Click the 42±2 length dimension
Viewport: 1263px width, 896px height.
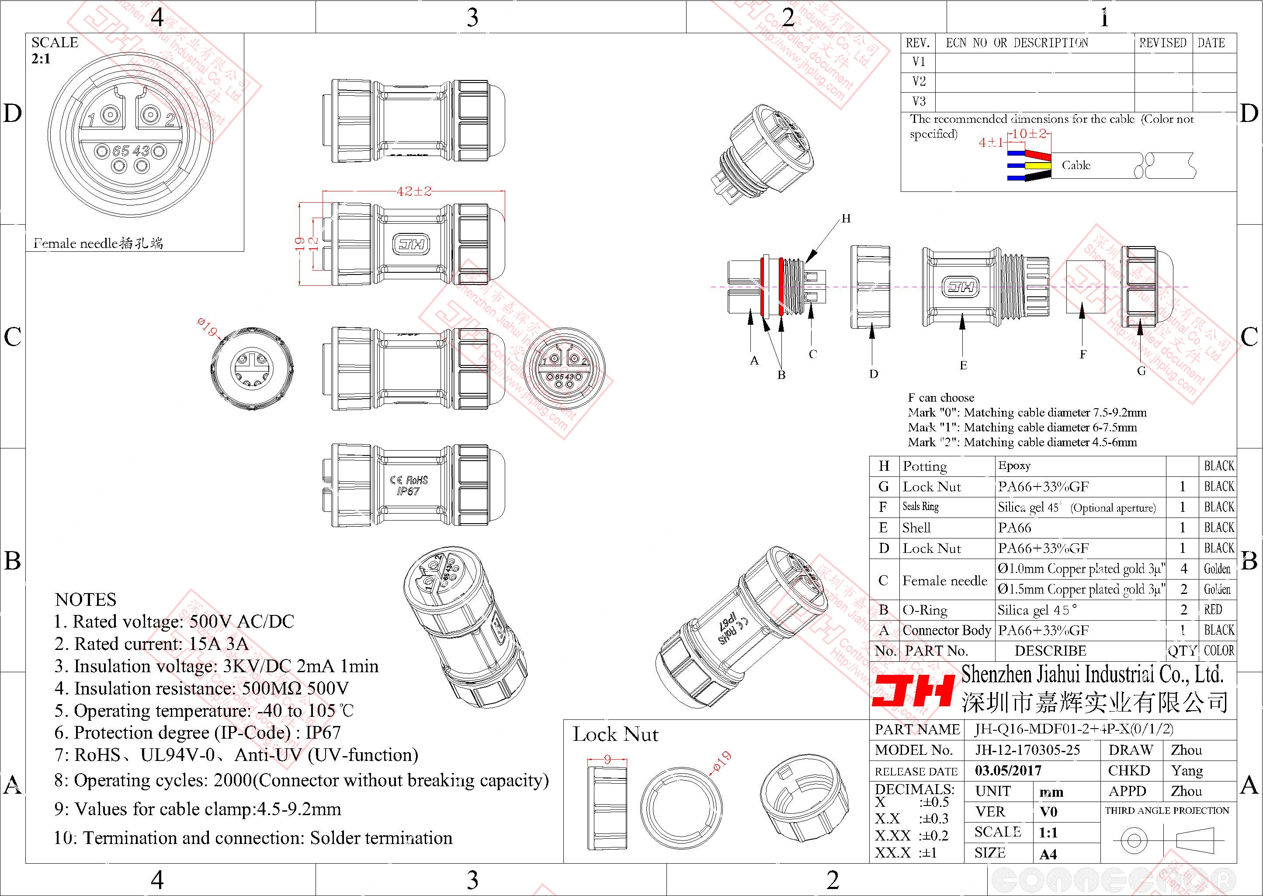pyautogui.click(x=414, y=191)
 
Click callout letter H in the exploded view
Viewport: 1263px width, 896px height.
pyautogui.click(x=846, y=219)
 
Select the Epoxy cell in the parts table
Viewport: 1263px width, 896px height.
pyautogui.click(x=1014, y=465)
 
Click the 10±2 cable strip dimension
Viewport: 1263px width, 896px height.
pyautogui.click(x=1029, y=134)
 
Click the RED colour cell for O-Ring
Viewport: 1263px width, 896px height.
pyautogui.click(x=1213, y=610)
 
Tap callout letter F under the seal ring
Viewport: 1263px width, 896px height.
pyautogui.click(x=1083, y=354)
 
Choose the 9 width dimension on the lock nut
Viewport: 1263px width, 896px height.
pyautogui.click(x=607, y=759)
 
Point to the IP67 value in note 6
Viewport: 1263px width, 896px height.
pyautogui.click(x=323, y=733)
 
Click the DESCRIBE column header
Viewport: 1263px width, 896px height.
pyautogui.click(x=1050, y=651)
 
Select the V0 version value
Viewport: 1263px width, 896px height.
pyautogui.click(x=1048, y=812)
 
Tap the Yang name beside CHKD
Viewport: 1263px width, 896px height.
pyautogui.click(x=1187, y=770)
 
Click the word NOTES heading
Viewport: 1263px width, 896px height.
pyautogui.click(x=86, y=600)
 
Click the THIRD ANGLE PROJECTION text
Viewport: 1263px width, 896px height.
pyautogui.click(x=1167, y=810)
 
